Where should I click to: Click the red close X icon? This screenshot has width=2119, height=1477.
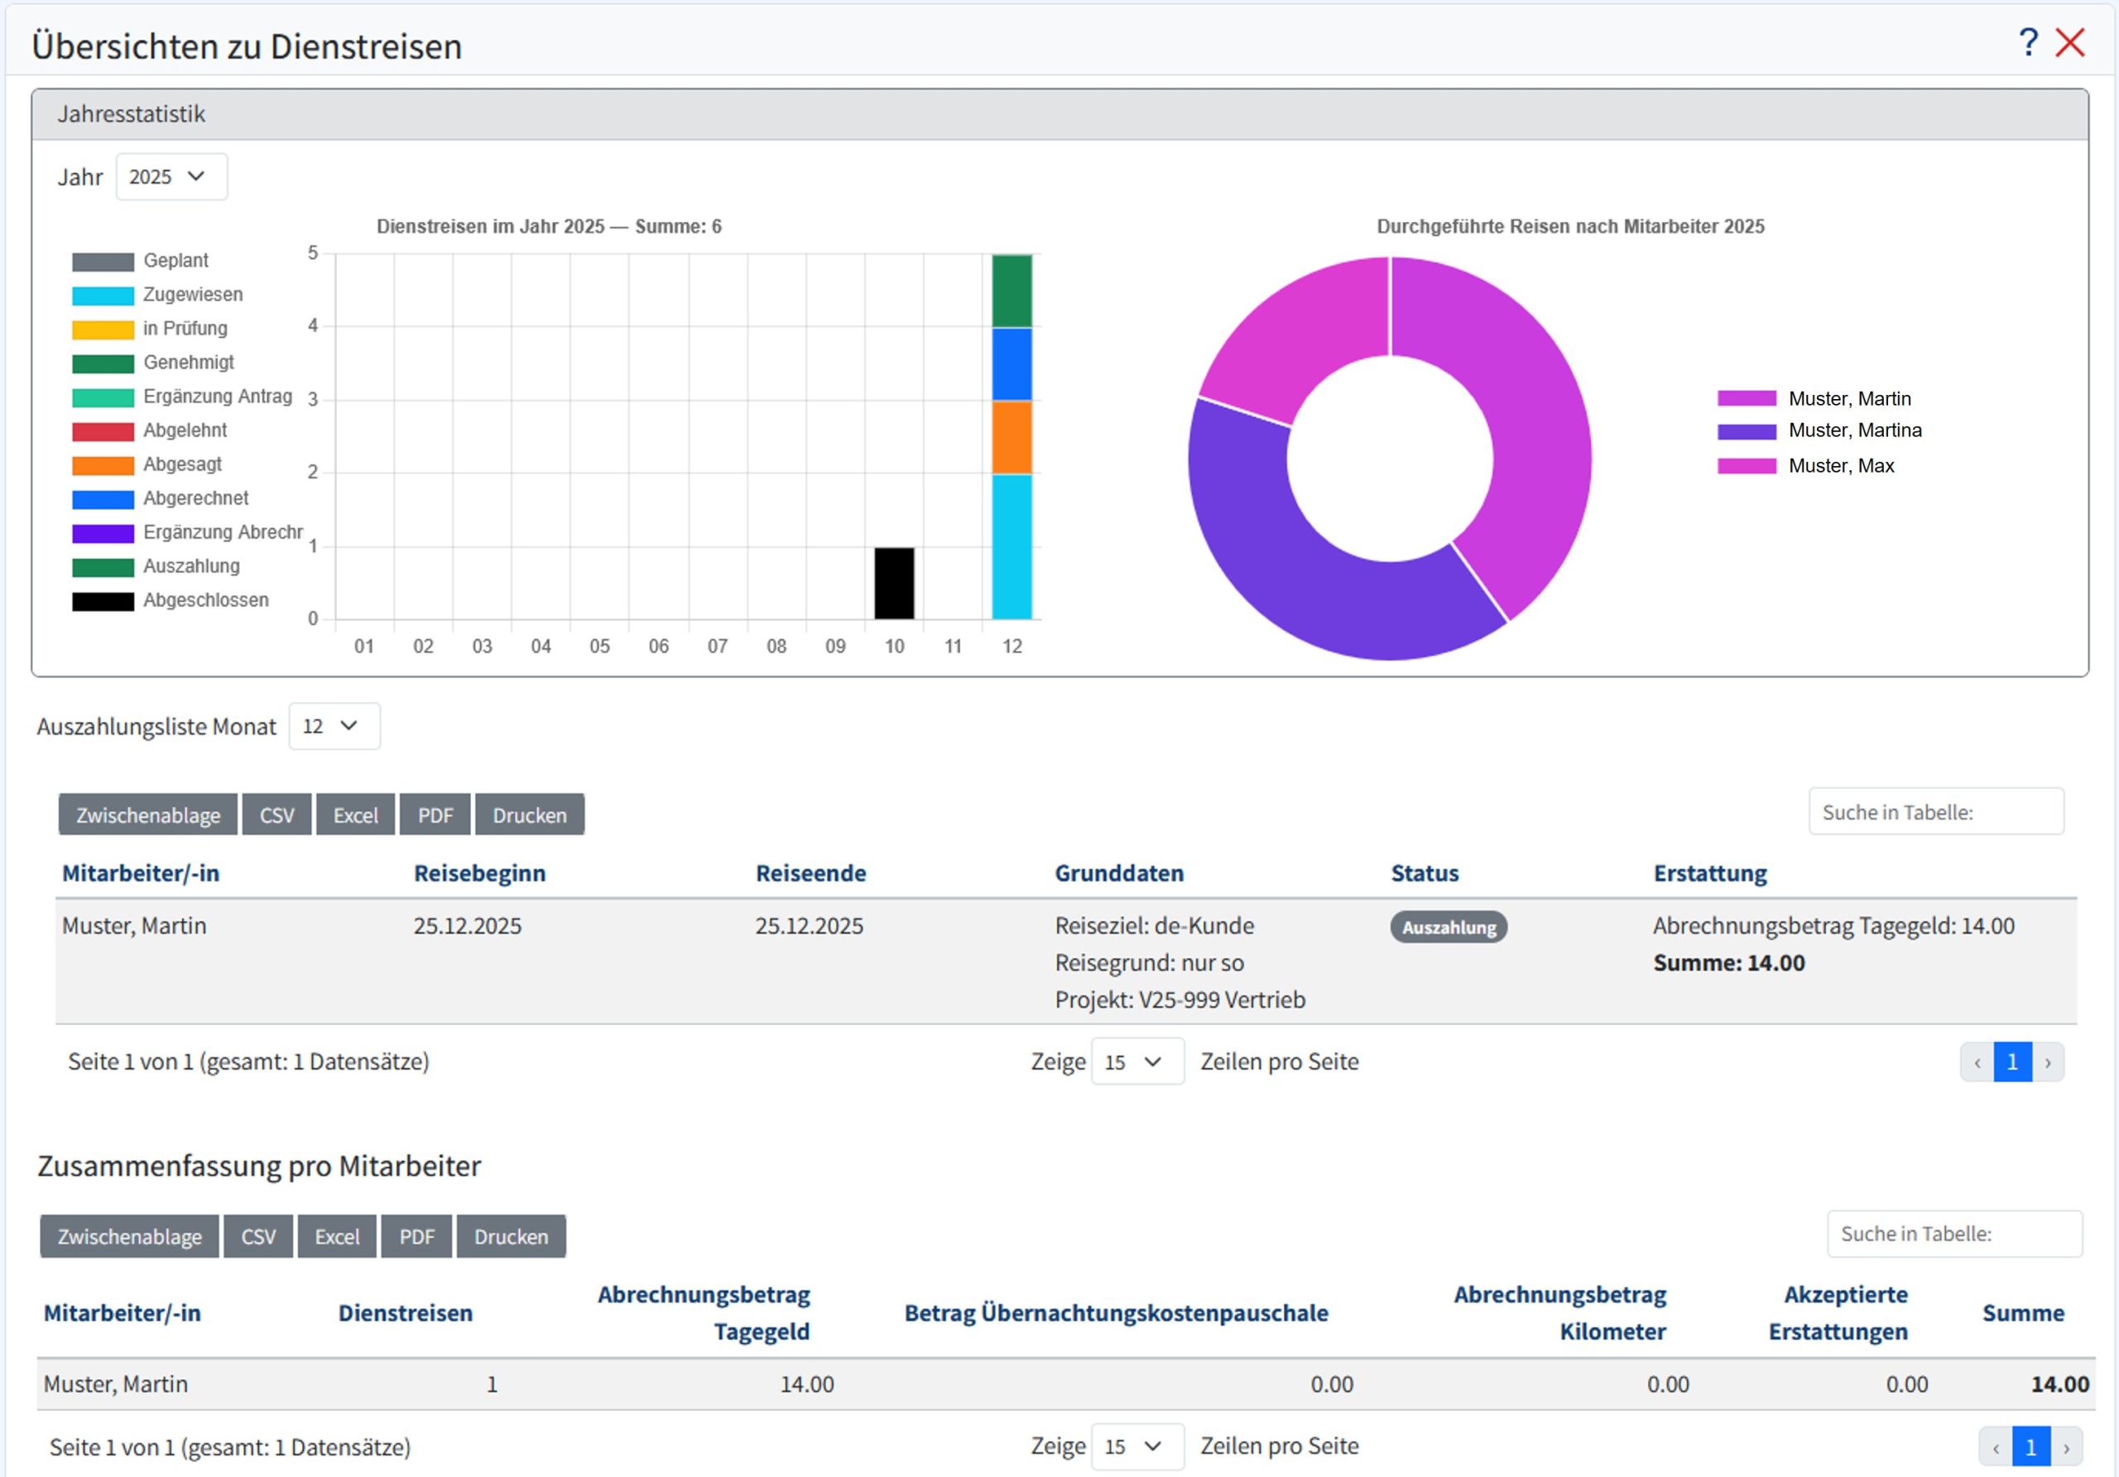pyautogui.click(x=2070, y=42)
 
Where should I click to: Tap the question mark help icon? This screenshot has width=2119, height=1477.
pyautogui.click(x=2028, y=42)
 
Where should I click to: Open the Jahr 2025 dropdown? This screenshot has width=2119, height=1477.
pyautogui.click(x=171, y=176)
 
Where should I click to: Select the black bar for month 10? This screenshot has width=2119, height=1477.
pyautogui.click(x=893, y=584)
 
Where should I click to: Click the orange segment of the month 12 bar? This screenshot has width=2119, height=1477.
pyautogui.click(x=1011, y=438)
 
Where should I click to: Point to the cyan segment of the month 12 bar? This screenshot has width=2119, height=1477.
pyautogui.click(x=1011, y=546)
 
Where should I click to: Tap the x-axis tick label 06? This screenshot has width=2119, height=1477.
pyautogui.click(x=658, y=646)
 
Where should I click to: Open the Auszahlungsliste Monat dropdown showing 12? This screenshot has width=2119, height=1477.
pyautogui.click(x=334, y=727)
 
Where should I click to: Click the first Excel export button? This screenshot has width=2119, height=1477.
pyautogui.click(x=355, y=815)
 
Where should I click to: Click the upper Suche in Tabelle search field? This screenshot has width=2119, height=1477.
pyautogui.click(x=1935, y=812)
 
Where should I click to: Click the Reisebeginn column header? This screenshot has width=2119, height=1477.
pyautogui.click(x=479, y=873)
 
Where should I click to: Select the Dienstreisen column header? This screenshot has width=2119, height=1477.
pyautogui.click(x=405, y=1313)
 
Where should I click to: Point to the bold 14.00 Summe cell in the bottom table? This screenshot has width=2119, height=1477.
pyautogui.click(x=2059, y=1383)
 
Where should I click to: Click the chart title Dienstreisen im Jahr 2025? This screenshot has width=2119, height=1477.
pyautogui.click(x=548, y=226)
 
